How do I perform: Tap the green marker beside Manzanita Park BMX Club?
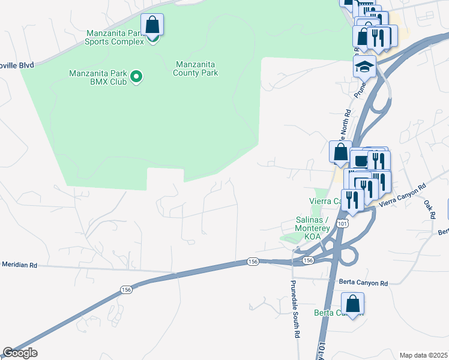136,76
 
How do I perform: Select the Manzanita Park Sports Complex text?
115,37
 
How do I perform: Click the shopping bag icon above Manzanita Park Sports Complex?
152,25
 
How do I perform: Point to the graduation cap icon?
364,67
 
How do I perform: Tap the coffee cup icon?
360,160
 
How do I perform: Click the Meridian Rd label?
19,264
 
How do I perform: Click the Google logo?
20,353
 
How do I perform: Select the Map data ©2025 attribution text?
423,355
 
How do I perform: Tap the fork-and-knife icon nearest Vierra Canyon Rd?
352,201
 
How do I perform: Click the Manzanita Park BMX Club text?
98,78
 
